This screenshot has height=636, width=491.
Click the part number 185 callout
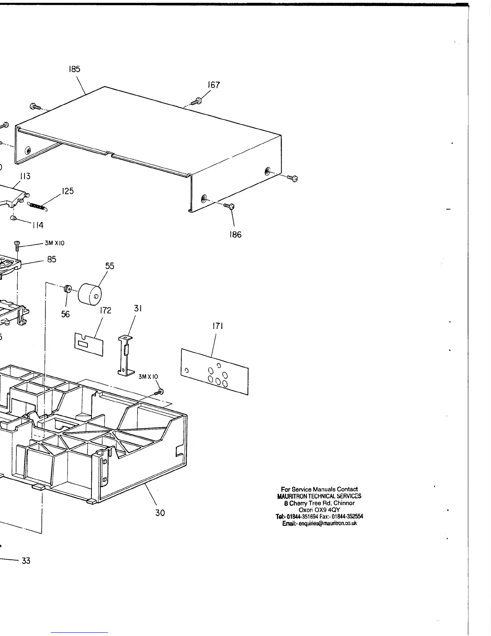[x=74, y=69]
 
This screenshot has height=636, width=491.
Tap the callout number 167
[x=214, y=85]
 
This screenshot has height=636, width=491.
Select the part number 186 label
[x=235, y=235]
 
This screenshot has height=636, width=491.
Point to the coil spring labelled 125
[x=37, y=206]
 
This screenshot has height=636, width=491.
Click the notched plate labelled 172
[x=88, y=344]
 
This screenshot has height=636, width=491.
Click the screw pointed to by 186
[x=229, y=206]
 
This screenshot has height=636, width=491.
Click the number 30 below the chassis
[x=160, y=513]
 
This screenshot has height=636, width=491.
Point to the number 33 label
[x=26, y=561]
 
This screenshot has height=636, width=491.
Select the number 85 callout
[x=52, y=259]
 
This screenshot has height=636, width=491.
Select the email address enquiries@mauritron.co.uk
[x=320, y=524]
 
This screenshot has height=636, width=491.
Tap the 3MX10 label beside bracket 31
[x=148, y=377]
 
